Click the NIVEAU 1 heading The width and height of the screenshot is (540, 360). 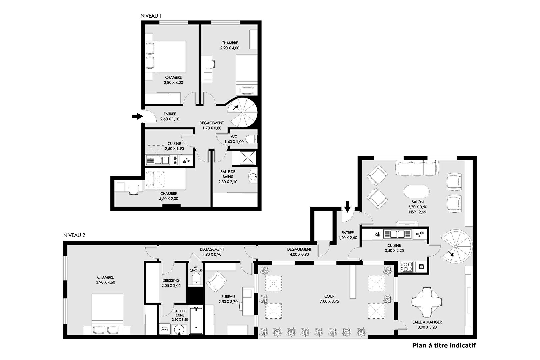[151, 16]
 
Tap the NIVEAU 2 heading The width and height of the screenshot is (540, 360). [74, 235]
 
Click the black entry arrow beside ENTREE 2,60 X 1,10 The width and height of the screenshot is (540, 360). [137, 116]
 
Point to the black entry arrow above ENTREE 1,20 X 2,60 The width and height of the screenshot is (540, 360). [347, 207]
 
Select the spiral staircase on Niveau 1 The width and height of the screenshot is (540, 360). [243, 112]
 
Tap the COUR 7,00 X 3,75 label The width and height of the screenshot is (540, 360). [329, 299]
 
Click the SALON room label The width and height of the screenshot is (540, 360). [418, 202]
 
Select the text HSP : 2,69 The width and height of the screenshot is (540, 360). [418, 212]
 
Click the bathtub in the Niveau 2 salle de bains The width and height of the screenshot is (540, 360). [196, 320]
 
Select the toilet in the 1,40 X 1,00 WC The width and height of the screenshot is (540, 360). [251, 139]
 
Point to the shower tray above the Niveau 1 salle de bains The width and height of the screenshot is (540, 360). [247, 158]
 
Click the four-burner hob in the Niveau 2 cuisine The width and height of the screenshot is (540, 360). [407, 267]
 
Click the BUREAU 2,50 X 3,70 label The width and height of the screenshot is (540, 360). [228, 299]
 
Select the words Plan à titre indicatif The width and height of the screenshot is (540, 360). [444, 346]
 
